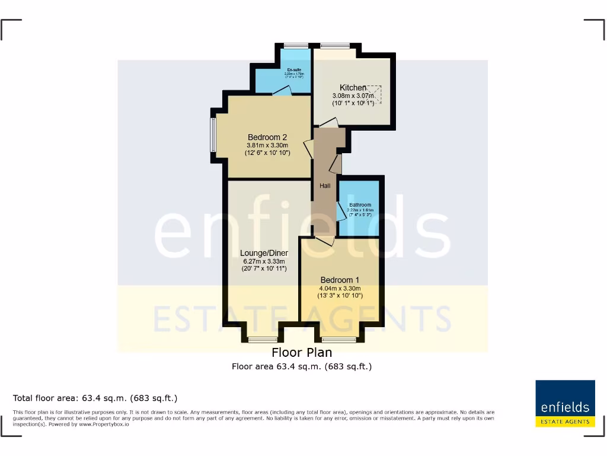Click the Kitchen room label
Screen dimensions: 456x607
353,87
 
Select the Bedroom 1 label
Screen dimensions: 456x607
340,280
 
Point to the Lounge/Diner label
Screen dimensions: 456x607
264,253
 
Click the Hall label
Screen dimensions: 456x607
325,186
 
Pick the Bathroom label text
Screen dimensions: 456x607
360,205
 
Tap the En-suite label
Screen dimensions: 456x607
294,70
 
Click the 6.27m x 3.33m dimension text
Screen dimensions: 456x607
264,261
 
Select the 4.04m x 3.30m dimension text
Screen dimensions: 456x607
340,288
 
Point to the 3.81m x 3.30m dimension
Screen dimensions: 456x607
267,145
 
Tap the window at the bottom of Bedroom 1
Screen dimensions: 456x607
339,340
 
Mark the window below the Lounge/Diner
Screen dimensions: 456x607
258,340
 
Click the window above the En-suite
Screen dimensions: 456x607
292,46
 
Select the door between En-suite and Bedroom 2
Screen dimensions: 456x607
283,91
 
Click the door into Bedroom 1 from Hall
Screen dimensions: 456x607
324,240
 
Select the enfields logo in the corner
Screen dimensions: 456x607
565,403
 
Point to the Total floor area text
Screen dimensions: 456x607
95,398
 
